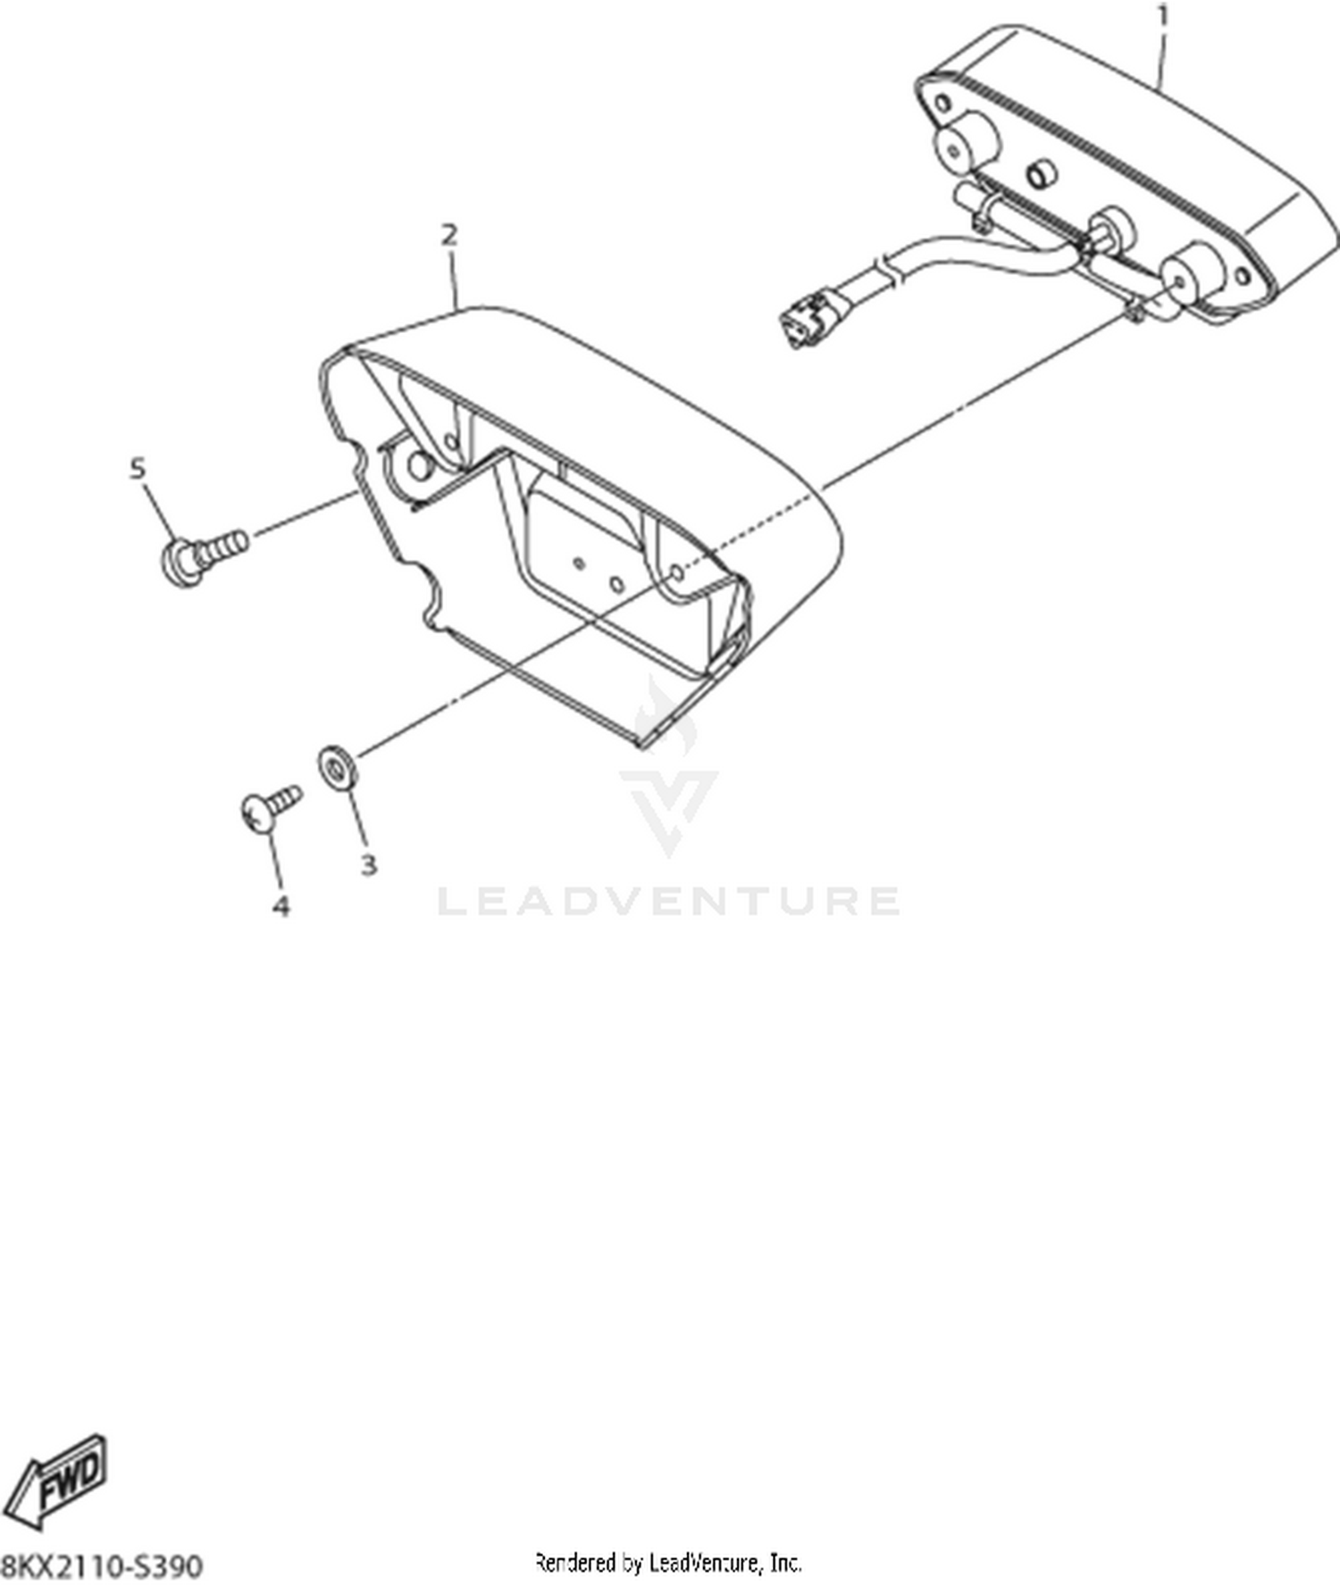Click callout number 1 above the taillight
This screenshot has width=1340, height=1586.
pos(1162,16)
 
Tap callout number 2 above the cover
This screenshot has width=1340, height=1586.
pos(449,235)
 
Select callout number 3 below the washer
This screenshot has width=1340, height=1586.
pos(368,864)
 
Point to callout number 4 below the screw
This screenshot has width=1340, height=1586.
pos(281,906)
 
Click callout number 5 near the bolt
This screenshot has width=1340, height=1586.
pos(138,468)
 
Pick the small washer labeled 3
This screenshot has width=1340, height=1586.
pos(338,767)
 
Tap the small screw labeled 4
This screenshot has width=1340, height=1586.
pos(272,806)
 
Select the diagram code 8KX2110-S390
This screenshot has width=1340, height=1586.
pos(102,1565)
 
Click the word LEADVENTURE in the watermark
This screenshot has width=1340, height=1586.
pos(668,901)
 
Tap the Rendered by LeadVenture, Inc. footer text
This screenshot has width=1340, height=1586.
pos(667,1563)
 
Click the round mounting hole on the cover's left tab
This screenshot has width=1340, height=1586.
pos(418,463)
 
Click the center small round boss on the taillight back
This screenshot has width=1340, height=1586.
pos(1039,173)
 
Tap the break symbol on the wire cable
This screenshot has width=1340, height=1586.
pos(885,266)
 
